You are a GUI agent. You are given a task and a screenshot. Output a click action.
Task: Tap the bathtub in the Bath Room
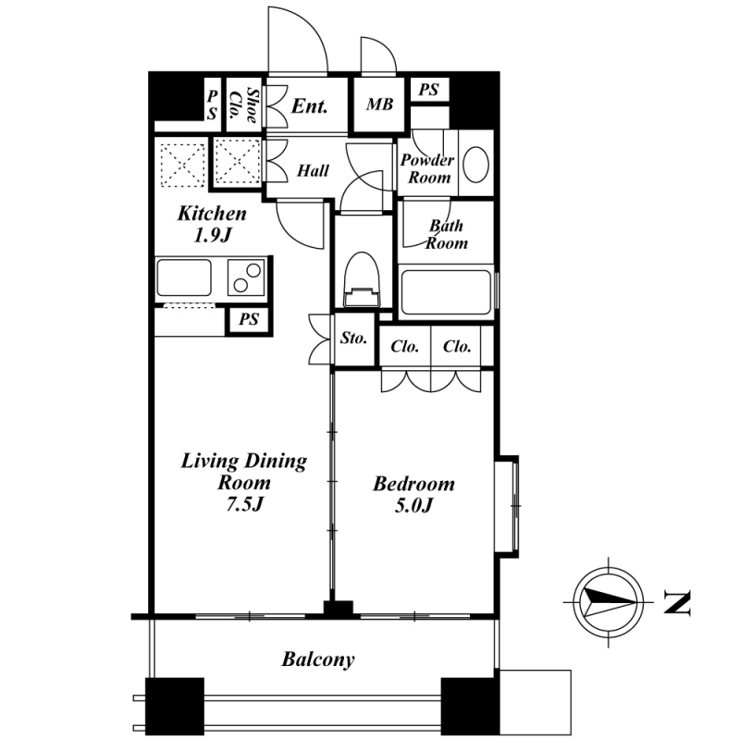pos(445,291)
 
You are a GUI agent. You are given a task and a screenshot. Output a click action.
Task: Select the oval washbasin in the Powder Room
pos(475,165)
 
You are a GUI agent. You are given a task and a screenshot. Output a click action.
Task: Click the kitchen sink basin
pos(184,277)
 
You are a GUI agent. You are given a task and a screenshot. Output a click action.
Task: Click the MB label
pos(379,105)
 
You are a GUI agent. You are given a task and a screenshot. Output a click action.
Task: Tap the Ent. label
pos(309,106)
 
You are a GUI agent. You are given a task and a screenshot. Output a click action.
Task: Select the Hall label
pos(313,170)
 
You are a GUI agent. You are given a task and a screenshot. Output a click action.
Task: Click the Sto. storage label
pos(353,338)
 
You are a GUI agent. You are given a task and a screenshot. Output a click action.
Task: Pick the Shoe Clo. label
pos(243,105)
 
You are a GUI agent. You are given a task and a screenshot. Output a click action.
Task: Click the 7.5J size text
pos(243,505)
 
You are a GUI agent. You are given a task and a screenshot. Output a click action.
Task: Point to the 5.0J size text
pos(413,506)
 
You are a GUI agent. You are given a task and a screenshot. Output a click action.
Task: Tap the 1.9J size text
pos(212,235)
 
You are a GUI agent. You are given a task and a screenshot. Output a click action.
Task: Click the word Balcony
pos(318,660)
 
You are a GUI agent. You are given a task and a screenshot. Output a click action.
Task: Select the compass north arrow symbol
pos(609,603)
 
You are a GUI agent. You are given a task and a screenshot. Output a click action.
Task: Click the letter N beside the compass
pos(677,602)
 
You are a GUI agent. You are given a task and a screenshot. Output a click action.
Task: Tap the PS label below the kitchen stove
pos(249,319)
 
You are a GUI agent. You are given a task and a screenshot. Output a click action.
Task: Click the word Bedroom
pos(413,484)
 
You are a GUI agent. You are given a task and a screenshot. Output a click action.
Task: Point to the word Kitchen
pos(212,214)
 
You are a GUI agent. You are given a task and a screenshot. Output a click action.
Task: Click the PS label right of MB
pos(429,89)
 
